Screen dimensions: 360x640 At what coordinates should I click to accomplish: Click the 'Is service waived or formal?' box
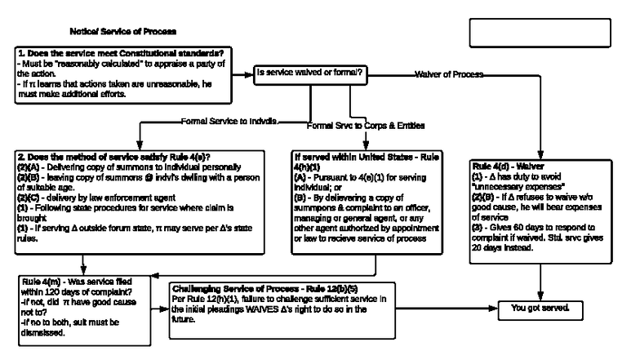pyautogui.click(x=309, y=73)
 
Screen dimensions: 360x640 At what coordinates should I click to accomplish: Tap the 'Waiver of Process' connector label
pyautogui.click(x=448, y=74)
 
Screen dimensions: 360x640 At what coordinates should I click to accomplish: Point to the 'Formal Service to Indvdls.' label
pyautogui.click(x=229, y=121)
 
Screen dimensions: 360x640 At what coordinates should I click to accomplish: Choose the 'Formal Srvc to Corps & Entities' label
pyautogui.click(x=366, y=126)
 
